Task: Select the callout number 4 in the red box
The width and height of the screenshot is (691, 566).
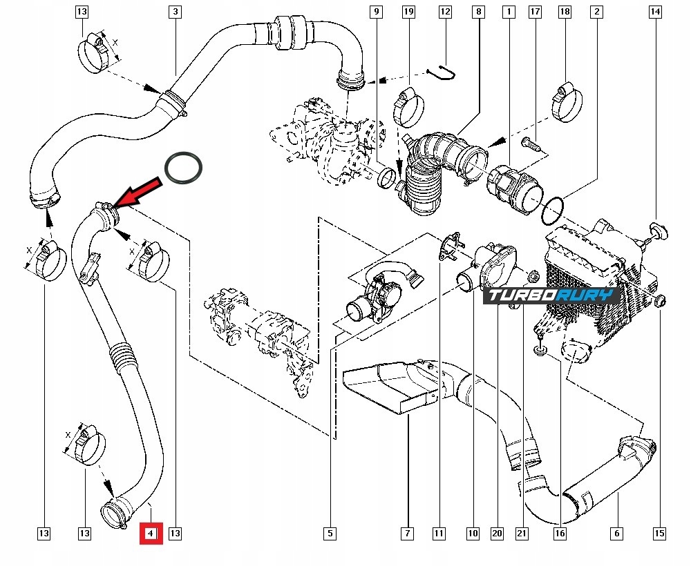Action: [x=151, y=533]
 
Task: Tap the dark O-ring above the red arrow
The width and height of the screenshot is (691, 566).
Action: [x=184, y=168]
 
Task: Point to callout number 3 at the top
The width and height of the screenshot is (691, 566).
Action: [x=176, y=12]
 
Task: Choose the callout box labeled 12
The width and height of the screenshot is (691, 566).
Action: [x=445, y=12]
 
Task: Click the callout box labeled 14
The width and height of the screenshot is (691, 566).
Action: [x=655, y=12]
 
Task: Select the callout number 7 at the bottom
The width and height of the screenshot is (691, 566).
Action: [x=407, y=533]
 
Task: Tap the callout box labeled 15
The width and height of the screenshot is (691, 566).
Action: [x=659, y=533]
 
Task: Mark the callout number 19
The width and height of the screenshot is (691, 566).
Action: [x=408, y=12]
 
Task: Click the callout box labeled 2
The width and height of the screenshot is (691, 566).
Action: [x=596, y=12]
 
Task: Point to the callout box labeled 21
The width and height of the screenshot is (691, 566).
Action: [x=522, y=533]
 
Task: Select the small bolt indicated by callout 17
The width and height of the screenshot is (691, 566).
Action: [x=529, y=144]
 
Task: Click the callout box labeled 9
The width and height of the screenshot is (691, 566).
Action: [x=376, y=12]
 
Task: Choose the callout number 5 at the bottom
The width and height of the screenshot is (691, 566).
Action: [x=330, y=533]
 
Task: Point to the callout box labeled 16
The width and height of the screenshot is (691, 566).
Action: [x=560, y=533]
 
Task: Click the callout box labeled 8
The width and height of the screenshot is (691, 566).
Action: [x=477, y=12]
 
